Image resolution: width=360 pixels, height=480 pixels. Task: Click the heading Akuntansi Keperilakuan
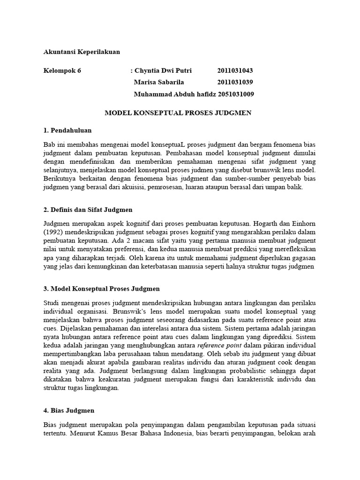click(82, 52)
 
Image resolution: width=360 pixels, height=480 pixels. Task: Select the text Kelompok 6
click(62, 71)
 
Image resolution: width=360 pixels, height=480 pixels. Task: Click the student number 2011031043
click(235, 71)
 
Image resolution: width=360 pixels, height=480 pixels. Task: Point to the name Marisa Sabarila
click(159, 82)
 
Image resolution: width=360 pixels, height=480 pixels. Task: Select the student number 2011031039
click(235, 82)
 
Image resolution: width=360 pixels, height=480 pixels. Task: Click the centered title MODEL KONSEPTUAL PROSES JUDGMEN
click(178, 113)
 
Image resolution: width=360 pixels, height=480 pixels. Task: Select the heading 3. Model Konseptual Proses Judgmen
click(102, 288)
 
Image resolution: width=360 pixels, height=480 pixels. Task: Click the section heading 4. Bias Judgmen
click(69, 410)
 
